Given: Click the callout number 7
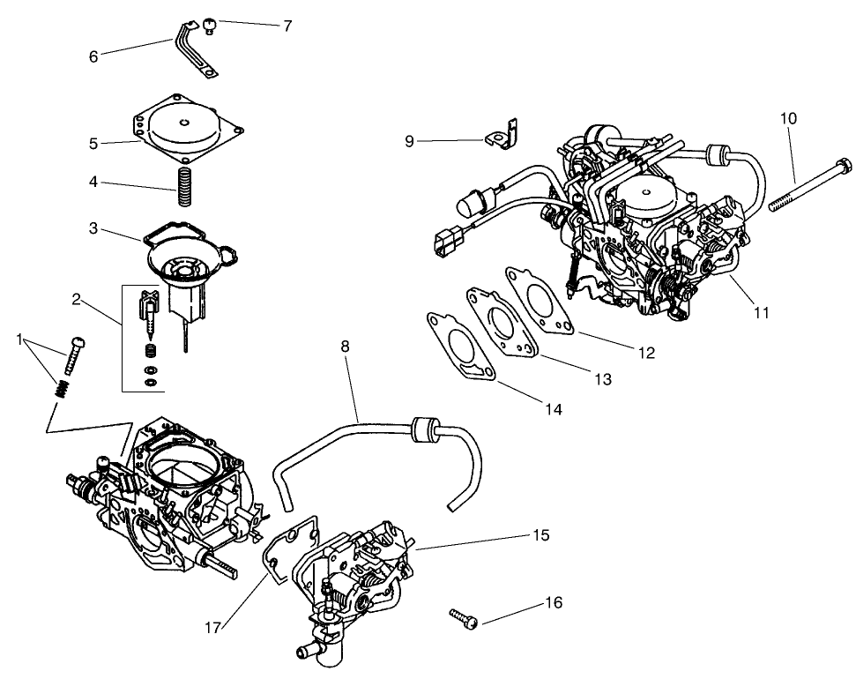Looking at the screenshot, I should click(x=287, y=26).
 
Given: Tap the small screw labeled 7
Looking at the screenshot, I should click(x=210, y=26).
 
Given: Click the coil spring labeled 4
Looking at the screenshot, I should click(x=185, y=184).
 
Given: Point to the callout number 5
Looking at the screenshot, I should click(x=93, y=144).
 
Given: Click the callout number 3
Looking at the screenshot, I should click(x=93, y=228).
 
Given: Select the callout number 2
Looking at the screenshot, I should click(x=77, y=299).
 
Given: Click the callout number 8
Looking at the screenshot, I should click(x=345, y=347).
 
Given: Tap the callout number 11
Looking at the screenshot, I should click(x=761, y=312).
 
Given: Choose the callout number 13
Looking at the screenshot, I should click(x=602, y=379).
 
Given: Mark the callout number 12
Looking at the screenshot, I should click(x=646, y=353).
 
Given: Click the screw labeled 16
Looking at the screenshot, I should click(x=464, y=618).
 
